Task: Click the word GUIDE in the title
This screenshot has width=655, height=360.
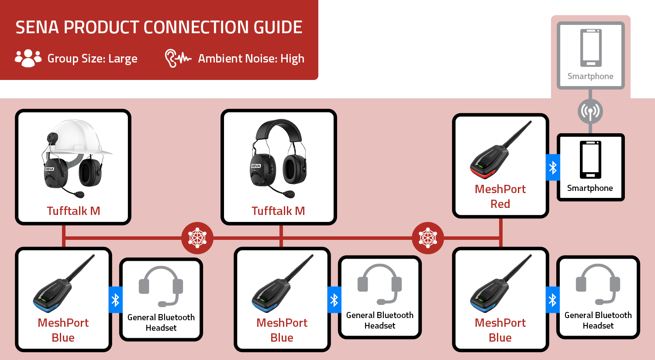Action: [x=278, y=28]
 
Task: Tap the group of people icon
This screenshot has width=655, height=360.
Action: [x=28, y=58]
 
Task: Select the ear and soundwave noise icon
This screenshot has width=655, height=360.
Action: [x=178, y=58]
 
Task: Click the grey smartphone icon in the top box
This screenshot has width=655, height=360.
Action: [x=591, y=48]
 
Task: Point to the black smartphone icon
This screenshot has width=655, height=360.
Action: [x=590, y=159]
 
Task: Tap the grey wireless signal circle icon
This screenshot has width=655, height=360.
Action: [x=590, y=111]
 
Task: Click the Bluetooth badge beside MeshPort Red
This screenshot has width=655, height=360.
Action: [x=553, y=167]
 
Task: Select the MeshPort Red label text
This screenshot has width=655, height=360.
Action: [x=500, y=196]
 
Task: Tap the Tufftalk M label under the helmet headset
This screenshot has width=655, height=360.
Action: [x=73, y=211]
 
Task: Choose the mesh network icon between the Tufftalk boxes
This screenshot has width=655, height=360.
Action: [x=197, y=238]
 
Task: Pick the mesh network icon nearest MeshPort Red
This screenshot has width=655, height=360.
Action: [x=428, y=238]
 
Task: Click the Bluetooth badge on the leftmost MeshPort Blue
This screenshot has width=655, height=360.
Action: [x=115, y=300]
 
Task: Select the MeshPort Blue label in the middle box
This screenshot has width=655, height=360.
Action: [x=282, y=330]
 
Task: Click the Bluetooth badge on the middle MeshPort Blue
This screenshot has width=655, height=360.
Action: [x=334, y=300]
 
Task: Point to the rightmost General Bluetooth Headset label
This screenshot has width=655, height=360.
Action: [x=598, y=320]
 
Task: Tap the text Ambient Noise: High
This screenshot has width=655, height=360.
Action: [x=251, y=59]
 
